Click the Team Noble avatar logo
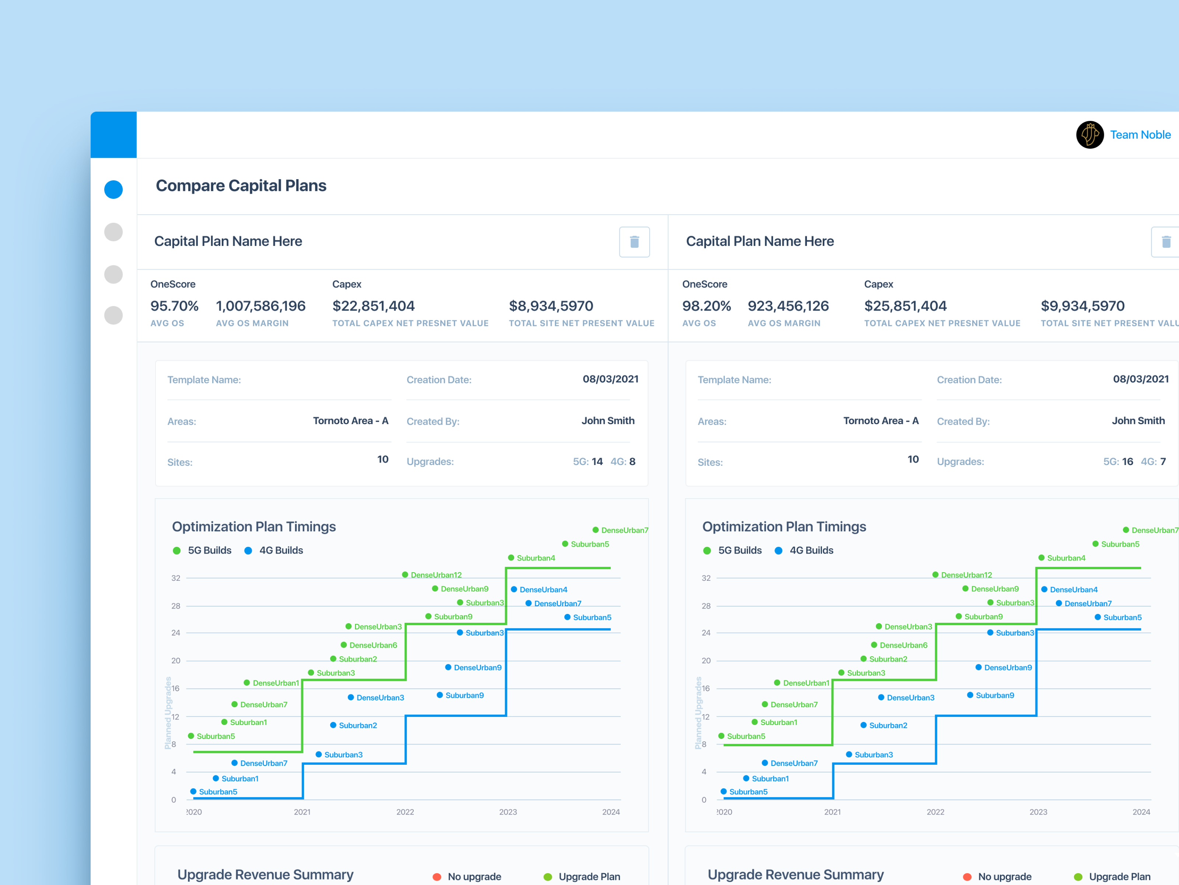pyautogui.click(x=1089, y=135)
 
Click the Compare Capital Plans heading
pyautogui.click(x=241, y=185)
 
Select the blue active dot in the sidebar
pyautogui.click(x=113, y=190)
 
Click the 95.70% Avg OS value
pyautogui.click(x=174, y=306)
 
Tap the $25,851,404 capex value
pyautogui.click(x=905, y=306)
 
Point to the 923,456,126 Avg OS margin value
pyautogui.click(x=788, y=306)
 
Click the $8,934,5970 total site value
pyautogui.click(x=550, y=306)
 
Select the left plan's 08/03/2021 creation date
pyautogui.click(x=610, y=379)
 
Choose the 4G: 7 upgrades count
pyautogui.click(x=1153, y=461)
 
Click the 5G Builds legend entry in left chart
pyautogui.click(x=203, y=551)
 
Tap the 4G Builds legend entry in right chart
pyautogui.click(x=804, y=551)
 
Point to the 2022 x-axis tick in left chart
pyautogui.click(x=405, y=812)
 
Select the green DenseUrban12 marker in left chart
pyautogui.click(x=405, y=575)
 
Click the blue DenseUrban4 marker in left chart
pyautogui.click(x=514, y=590)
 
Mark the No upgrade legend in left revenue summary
pyautogui.click(x=468, y=877)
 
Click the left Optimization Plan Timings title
pyautogui.click(x=254, y=527)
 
